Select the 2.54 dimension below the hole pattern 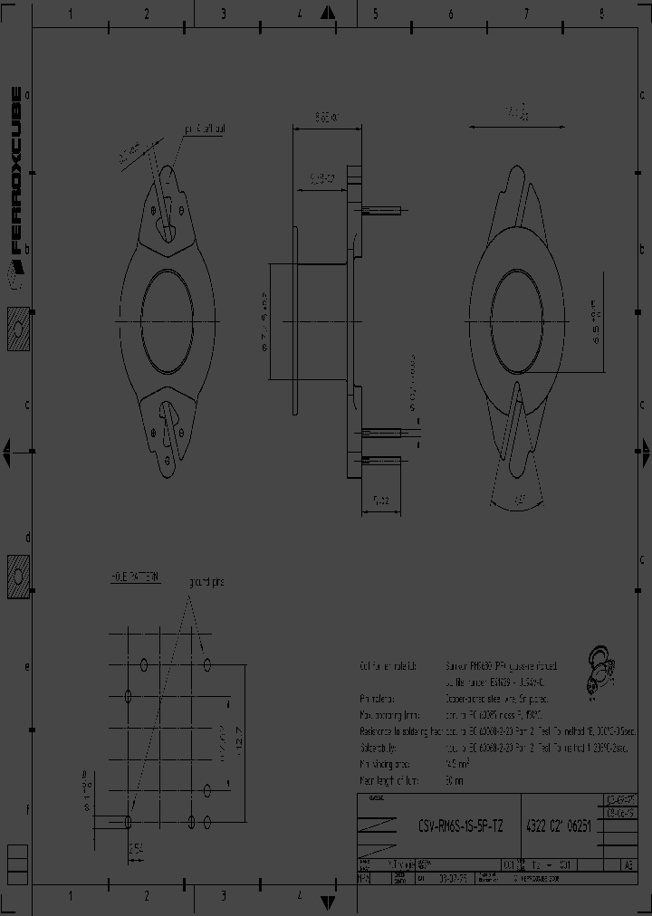(x=136, y=848)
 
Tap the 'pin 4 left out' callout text (x=205, y=129)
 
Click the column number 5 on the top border (x=374, y=14)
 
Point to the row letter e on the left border (x=27, y=667)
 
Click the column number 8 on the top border (x=601, y=14)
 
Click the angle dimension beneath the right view (x=519, y=497)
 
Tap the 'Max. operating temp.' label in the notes (x=390, y=715)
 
